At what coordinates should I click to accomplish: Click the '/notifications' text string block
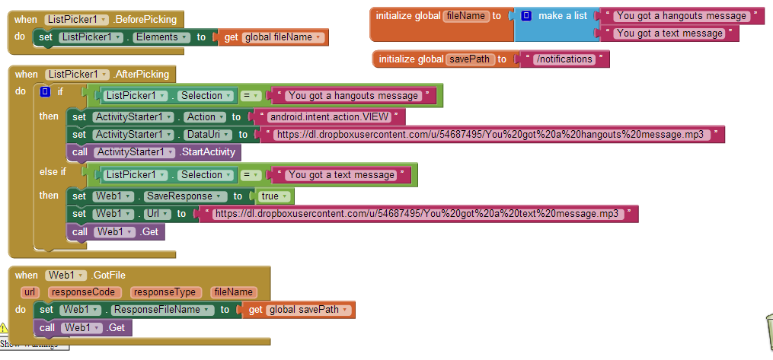564,59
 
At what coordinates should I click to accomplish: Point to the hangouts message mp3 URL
487,135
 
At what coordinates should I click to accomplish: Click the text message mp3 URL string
417,215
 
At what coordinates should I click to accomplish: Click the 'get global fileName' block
273,37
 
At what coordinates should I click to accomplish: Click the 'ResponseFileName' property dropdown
161,311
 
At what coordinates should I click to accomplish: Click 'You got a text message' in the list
669,33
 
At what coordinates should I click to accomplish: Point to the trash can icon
766,332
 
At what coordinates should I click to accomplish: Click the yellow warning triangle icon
3,328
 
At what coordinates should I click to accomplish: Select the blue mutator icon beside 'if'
45,92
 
